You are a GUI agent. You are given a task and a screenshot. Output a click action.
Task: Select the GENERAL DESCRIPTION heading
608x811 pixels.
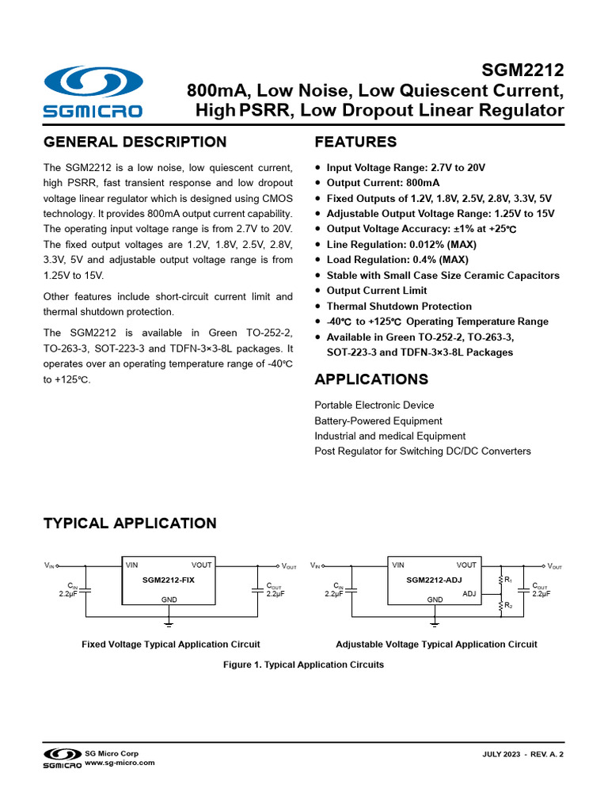[135, 143]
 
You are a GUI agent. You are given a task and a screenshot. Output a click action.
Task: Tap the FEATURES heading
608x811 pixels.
[355, 143]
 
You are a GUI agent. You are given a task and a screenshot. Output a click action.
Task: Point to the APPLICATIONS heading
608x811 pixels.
[371, 379]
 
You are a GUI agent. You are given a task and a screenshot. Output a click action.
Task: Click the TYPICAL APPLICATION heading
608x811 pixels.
[129, 524]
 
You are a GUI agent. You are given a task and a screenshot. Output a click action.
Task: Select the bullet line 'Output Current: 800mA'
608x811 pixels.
[383, 183]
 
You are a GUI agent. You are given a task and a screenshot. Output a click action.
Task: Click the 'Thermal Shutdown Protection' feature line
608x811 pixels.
[399, 307]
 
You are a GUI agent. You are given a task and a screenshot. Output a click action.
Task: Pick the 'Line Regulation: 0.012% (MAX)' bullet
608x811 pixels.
[401, 245]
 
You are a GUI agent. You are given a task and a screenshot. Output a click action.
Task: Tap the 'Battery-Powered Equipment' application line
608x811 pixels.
[378, 421]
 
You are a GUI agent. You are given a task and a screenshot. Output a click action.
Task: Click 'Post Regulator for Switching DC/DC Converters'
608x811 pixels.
[423, 451]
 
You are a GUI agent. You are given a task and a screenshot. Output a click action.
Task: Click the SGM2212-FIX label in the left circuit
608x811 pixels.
[169, 581]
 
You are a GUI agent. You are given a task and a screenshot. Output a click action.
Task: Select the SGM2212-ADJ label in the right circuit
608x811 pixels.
[433, 581]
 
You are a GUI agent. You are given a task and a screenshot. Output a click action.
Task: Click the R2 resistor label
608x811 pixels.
[508, 606]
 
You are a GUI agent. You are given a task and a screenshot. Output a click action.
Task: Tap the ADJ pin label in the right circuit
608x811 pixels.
[469, 592]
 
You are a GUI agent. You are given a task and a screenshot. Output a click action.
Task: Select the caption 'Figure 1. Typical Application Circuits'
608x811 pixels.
[304, 664]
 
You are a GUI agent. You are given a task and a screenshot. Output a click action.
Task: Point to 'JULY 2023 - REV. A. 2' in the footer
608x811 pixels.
[523, 756]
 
